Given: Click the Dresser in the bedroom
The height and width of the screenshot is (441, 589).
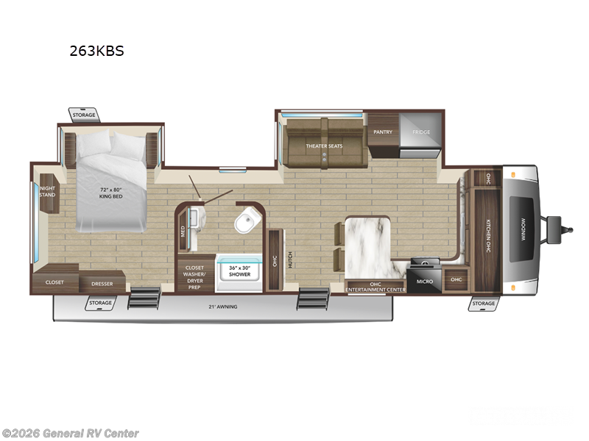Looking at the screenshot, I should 102,283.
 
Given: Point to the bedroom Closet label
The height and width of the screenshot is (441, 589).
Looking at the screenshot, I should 54,282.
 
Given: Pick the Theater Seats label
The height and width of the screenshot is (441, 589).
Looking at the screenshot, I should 324,146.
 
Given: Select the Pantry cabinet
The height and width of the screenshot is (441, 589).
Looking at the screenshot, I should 383,132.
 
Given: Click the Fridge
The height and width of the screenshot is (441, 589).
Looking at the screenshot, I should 420,132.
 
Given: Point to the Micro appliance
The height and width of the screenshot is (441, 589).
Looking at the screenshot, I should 423,281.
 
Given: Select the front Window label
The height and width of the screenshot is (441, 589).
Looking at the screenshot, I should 524,228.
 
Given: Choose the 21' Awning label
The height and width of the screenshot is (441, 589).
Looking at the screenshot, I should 223,306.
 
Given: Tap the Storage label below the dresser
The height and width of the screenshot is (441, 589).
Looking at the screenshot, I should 100,303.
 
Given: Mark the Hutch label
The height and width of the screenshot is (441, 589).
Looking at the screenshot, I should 291,259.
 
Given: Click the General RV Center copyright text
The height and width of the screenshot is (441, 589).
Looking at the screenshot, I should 70,434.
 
